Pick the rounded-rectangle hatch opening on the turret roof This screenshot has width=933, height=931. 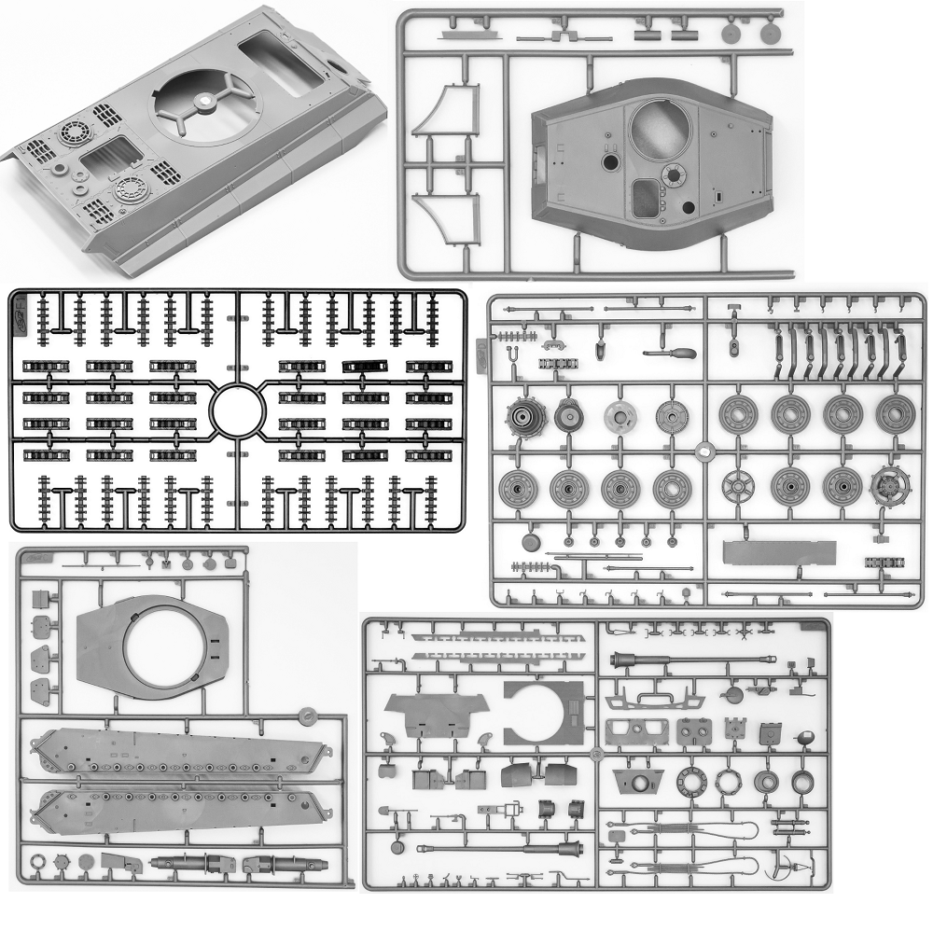[646, 198]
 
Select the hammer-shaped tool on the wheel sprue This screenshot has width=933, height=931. [670, 355]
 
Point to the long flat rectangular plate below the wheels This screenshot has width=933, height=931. [778, 552]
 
